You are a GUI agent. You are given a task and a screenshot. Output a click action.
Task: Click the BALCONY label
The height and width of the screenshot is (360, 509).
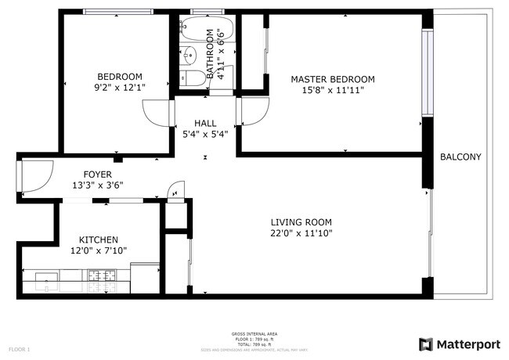click(x=460, y=157)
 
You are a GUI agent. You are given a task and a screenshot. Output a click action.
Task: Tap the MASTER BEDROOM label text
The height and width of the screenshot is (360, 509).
click(x=332, y=79)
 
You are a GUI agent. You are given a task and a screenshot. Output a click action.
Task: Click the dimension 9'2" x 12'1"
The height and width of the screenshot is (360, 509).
click(x=118, y=89)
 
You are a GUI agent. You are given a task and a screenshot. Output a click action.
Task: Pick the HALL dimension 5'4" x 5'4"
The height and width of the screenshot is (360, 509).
click(x=205, y=134)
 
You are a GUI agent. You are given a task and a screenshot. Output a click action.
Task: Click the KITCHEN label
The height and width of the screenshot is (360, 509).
click(x=99, y=239)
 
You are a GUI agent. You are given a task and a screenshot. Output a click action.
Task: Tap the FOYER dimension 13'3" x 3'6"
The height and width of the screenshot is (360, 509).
click(x=98, y=185)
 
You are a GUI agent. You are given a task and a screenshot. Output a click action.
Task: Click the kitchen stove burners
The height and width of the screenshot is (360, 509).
click(x=100, y=275)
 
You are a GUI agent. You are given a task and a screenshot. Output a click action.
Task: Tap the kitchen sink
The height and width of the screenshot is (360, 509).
click(x=45, y=276)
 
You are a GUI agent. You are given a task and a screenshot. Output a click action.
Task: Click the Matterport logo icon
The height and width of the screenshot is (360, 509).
click(x=426, y=344)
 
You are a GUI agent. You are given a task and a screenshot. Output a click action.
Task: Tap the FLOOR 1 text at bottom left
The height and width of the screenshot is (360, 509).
click(x=19, y=348)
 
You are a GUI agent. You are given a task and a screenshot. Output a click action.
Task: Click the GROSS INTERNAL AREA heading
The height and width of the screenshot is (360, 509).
click(x=254, y=334)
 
